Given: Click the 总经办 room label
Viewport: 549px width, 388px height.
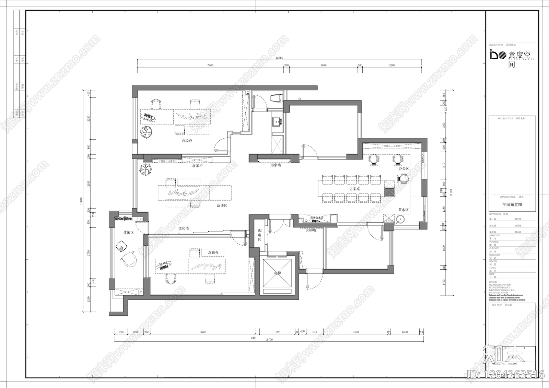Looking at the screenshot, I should point(187,140).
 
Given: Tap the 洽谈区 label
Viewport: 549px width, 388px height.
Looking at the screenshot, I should point(222,206).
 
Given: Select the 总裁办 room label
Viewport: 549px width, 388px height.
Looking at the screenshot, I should point(213,252).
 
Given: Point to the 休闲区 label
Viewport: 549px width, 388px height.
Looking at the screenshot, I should point(128,232).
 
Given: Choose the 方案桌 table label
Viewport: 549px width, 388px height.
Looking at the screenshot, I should point(354,189).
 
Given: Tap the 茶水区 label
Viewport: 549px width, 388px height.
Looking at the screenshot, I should point(403,210).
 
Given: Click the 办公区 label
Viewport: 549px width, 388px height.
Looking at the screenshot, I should point(404,168).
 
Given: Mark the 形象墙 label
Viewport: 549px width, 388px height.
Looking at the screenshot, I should point(275,165).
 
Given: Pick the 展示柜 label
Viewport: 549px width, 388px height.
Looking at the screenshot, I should point(197,166).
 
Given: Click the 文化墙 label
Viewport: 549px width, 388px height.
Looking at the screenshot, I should point(184,228).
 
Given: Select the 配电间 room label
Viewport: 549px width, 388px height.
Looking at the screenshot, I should point(260,235).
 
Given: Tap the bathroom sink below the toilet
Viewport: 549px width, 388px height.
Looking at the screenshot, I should point(277,121).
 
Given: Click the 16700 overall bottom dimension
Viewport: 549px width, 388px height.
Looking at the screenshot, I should point(269,340).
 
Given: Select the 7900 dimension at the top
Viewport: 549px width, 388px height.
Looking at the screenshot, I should point(210,65).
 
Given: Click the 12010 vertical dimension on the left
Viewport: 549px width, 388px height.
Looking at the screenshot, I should point(82,201).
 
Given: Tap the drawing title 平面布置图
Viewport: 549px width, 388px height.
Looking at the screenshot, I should point(512,204).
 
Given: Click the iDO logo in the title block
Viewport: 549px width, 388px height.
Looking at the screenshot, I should point(498,55).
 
